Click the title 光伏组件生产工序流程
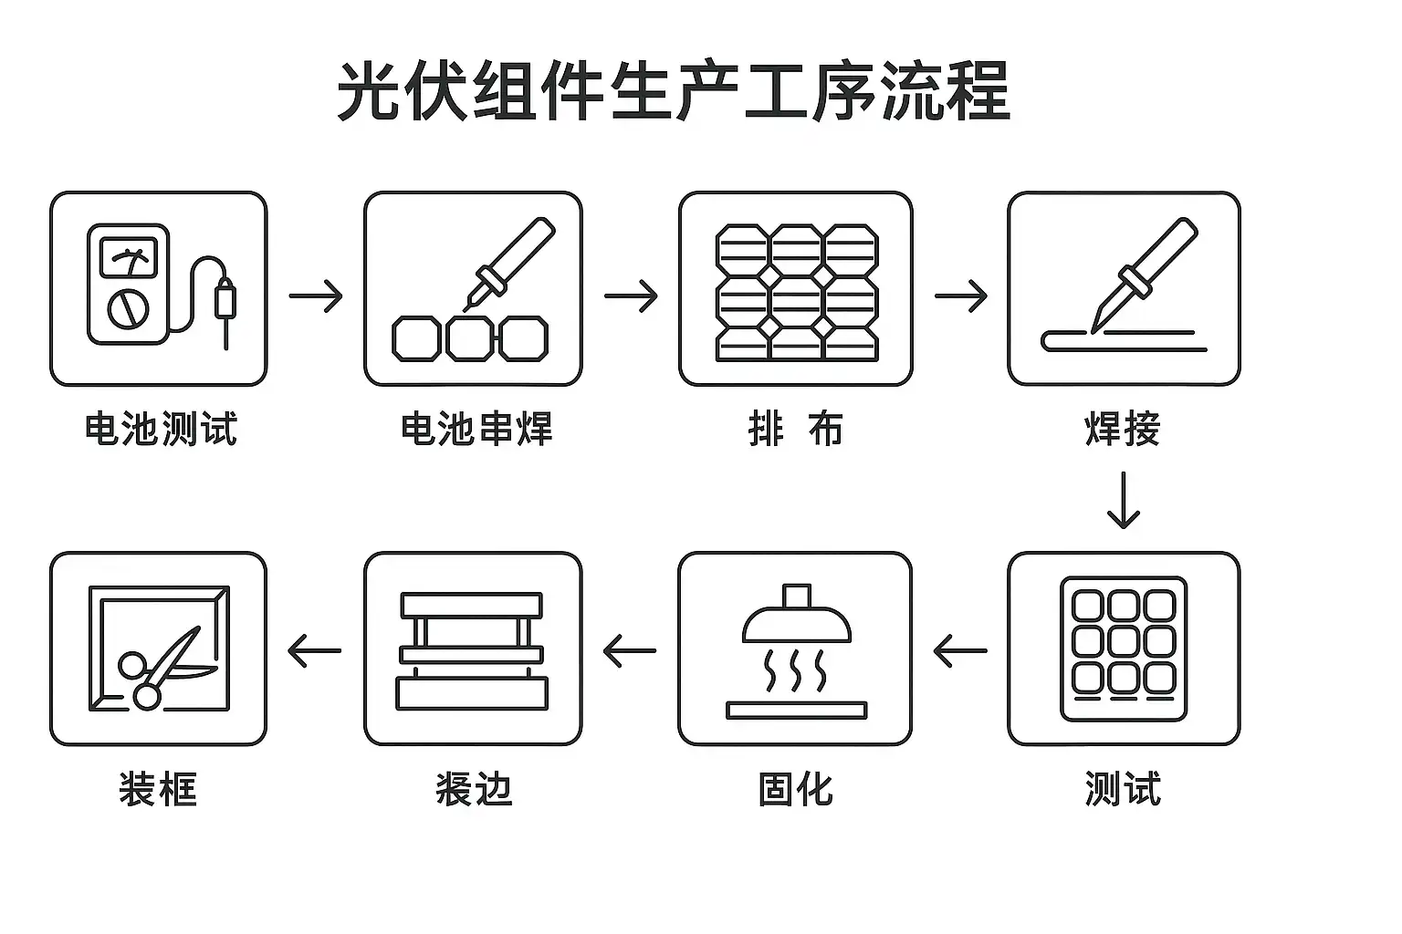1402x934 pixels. (x=674, y=91)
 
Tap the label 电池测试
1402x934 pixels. (x=161, y=428)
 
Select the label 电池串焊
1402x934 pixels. (x=476, y=428)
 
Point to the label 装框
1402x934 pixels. (x=158, y=788)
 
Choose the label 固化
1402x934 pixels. (x=796, y=788)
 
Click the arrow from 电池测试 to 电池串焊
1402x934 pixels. (x=316, y=296)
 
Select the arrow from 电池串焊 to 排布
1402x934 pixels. (x=631, y=296)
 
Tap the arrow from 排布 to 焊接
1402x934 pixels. (x=961, y=296)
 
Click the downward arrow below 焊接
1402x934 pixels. (x=1124, y=500)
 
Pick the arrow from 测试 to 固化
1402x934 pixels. (x=960, y=651)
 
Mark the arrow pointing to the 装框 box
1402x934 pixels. (x=314, y=651)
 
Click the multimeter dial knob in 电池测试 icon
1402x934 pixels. (x=126, y=308)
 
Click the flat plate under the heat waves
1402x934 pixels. (x=797, y=709)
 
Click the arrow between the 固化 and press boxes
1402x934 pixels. (x=630, y=651)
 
